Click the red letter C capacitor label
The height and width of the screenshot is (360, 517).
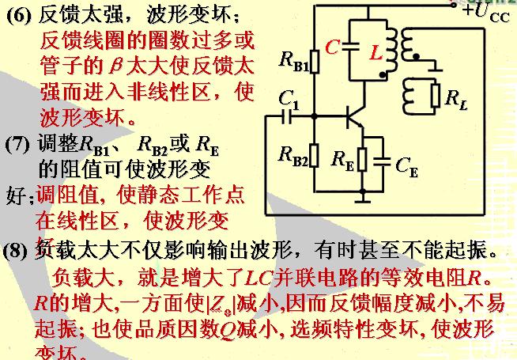tap(332, 47)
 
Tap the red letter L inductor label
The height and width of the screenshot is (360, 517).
tap(376, 51)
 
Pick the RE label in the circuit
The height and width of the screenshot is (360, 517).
tap(342, 158)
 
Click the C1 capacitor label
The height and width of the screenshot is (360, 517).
tap(289, 99)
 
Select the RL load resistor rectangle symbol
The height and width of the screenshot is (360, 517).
tap(433, 96)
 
